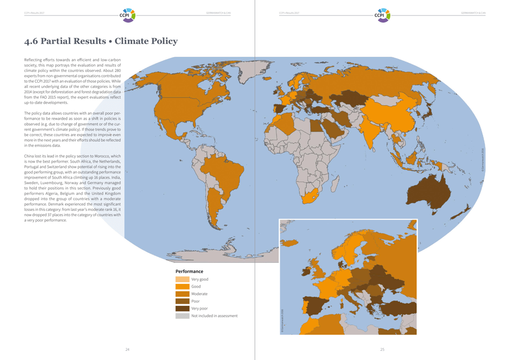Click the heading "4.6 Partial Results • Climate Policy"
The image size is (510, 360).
(x=101, y=41)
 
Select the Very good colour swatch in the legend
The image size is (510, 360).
(x=182, y=280)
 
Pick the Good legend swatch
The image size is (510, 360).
(x=182, y=286)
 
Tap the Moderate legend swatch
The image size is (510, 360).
(x=182, y=294)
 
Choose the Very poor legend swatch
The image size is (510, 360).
(x=182, y=308)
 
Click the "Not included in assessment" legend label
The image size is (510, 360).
(x=214, y=316)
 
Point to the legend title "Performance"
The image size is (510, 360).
(x=189, y=271)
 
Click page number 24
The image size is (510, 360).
(x=127, y=349)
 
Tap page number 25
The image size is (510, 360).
(x=382, y=349)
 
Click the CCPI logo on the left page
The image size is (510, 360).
(x=128, y=14)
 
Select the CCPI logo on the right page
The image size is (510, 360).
(x=382, y=14)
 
